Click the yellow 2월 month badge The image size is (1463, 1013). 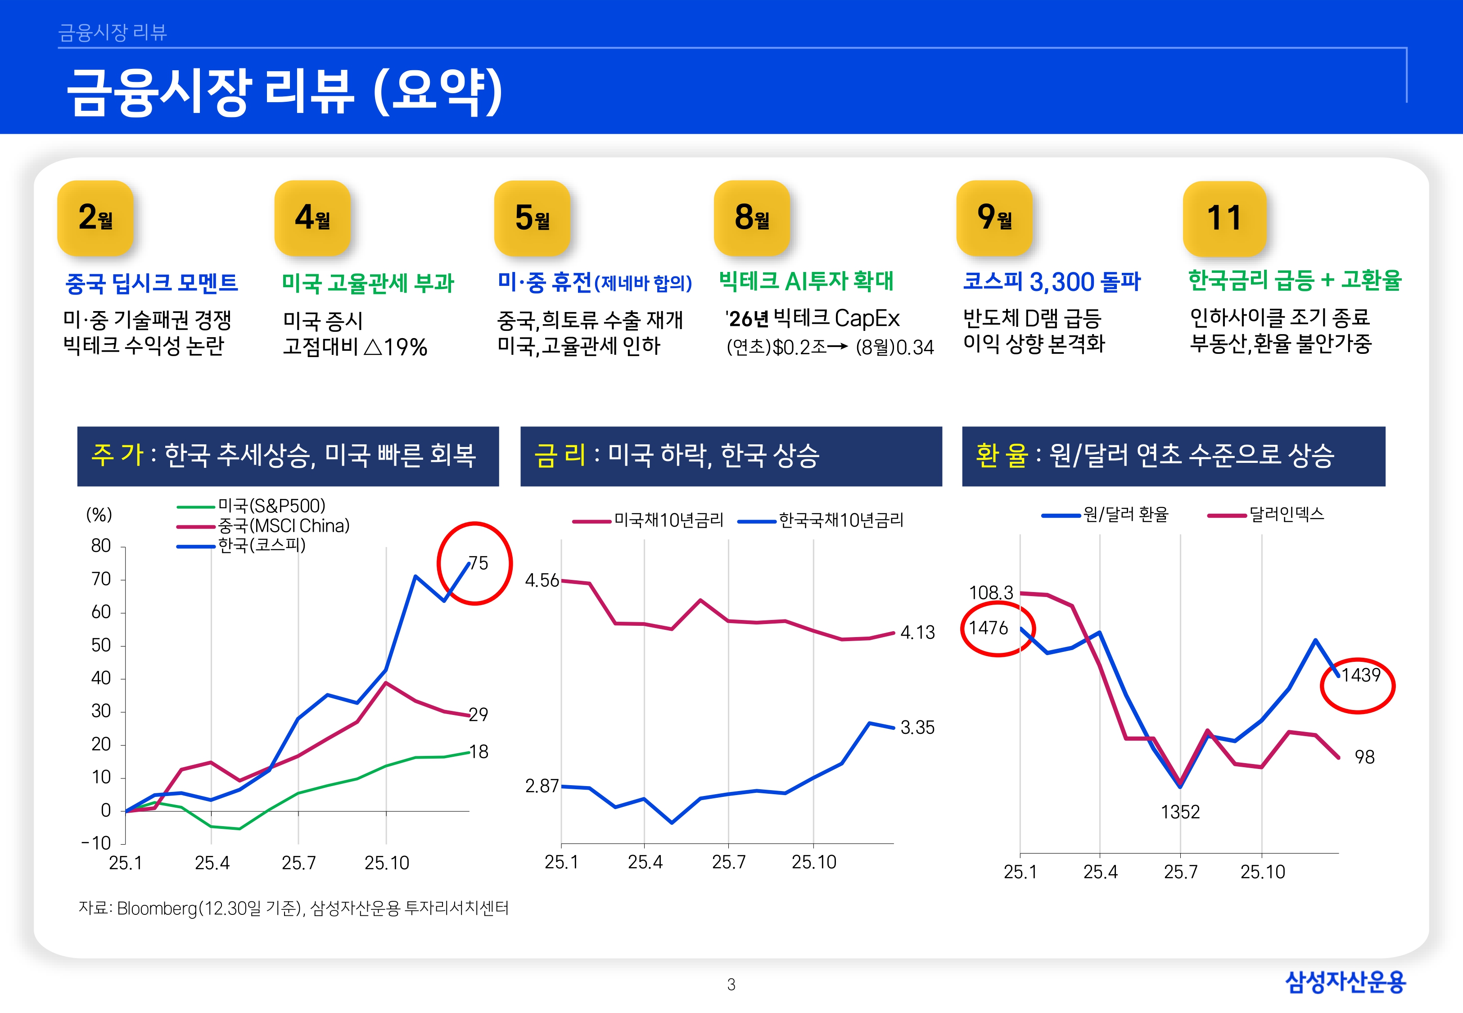(x=95, y=218)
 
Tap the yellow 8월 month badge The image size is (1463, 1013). (x=752, y=218)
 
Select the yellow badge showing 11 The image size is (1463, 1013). (x=1224, y=218)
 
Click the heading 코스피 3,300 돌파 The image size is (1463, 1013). (x=1051, y=281)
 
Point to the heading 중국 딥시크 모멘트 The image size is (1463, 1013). (x=152, y=282)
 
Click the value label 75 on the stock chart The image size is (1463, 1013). (x=479, y=563)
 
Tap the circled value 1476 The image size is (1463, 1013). (x=988, y=629)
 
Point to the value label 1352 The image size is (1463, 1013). (x=1180, y=812)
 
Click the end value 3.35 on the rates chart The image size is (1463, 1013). (x=917, y=728)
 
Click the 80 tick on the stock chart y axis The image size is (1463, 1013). (x=101, y=546)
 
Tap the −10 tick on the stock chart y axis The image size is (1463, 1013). (x=96, y=844)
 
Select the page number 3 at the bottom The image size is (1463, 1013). (x=731, y=985)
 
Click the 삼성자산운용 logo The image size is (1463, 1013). (x=1346, y=982)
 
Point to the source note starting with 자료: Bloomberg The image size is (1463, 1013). (x=293, y=908)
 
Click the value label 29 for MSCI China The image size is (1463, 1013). (x=479, y=715)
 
